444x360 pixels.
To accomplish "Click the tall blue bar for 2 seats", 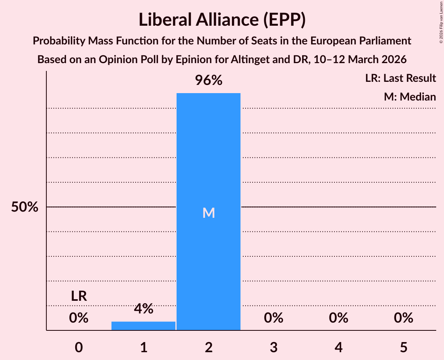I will click(x=209, y=156).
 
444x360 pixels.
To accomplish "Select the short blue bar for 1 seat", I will click(x=143, y=326).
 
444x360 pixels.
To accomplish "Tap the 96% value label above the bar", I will click(x=209, y=81).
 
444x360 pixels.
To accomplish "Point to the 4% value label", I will click(x=143, y=309).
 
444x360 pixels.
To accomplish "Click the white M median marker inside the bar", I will click(x=209, y=213).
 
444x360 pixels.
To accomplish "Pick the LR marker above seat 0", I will click(x=79, y=296).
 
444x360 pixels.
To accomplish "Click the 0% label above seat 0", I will click(x=79, y=318).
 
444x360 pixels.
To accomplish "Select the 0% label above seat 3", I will click(x=273, y=318).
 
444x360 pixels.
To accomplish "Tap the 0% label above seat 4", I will click(x=338, y=318).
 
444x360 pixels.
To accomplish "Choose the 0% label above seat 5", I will click(x=403, y=318).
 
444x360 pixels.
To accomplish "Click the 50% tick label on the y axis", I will click(x=25, y=207).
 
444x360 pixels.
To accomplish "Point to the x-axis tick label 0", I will click(x=79, y=347).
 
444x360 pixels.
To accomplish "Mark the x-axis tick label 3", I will click(x=273, y=347).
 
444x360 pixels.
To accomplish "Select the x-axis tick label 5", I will click(x=403, y=347).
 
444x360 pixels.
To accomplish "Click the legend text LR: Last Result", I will click(x=400, y=78).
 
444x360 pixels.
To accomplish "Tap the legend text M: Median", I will click(x=410, y=97).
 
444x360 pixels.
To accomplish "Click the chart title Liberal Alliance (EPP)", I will click(x=222, y=20).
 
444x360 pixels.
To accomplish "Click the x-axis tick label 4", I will click(x=338, y=347).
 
